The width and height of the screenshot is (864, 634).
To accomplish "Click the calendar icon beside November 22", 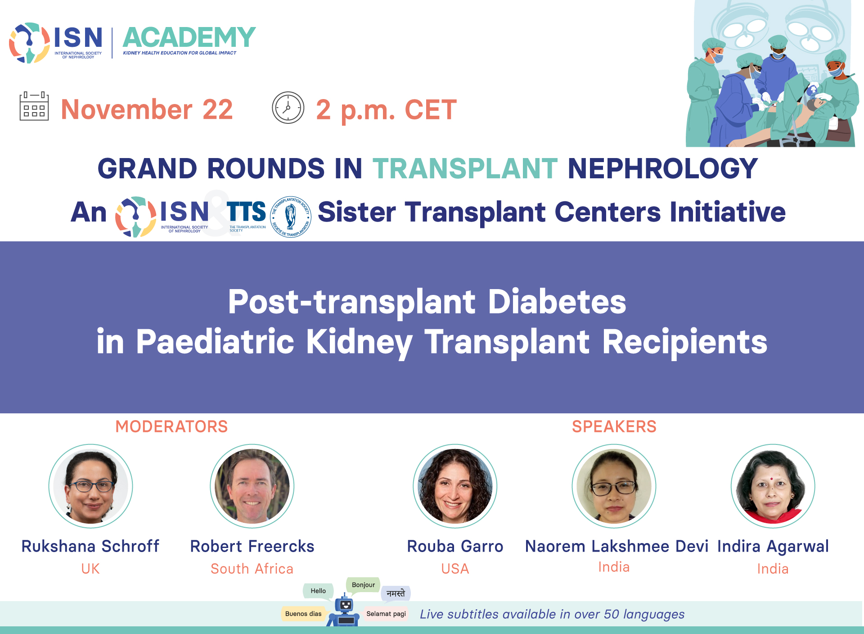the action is [34, 106].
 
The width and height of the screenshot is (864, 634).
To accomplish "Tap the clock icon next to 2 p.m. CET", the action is [288, 108].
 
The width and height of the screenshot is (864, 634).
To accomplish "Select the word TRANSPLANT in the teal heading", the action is [465, 168].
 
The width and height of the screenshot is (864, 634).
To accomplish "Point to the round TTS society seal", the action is [291, 217].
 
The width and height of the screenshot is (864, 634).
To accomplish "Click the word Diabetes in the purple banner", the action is [557, 301].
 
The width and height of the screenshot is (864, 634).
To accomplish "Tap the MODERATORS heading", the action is [171, 426].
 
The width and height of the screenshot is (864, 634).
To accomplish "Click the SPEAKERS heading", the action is [614, 426].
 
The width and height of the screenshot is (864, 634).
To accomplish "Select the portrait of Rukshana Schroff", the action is [90, 486].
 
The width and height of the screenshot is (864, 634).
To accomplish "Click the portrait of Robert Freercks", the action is [252, 486].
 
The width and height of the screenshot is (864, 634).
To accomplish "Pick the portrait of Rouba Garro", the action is [455, 486].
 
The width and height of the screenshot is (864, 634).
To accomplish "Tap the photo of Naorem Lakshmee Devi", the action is [614, 486].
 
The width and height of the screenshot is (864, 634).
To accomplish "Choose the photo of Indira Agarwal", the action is [773, 486].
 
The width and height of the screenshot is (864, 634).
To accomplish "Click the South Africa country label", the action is [252, 569].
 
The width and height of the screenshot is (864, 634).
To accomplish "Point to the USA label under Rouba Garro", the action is [455, 569].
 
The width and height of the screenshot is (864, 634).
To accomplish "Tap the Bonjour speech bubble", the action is [363, 585].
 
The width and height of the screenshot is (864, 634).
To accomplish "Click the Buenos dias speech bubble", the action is [303, 614].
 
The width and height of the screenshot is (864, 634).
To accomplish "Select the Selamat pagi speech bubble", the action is [386, 614].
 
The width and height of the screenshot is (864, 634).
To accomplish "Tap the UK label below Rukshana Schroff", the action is [90, 569].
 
